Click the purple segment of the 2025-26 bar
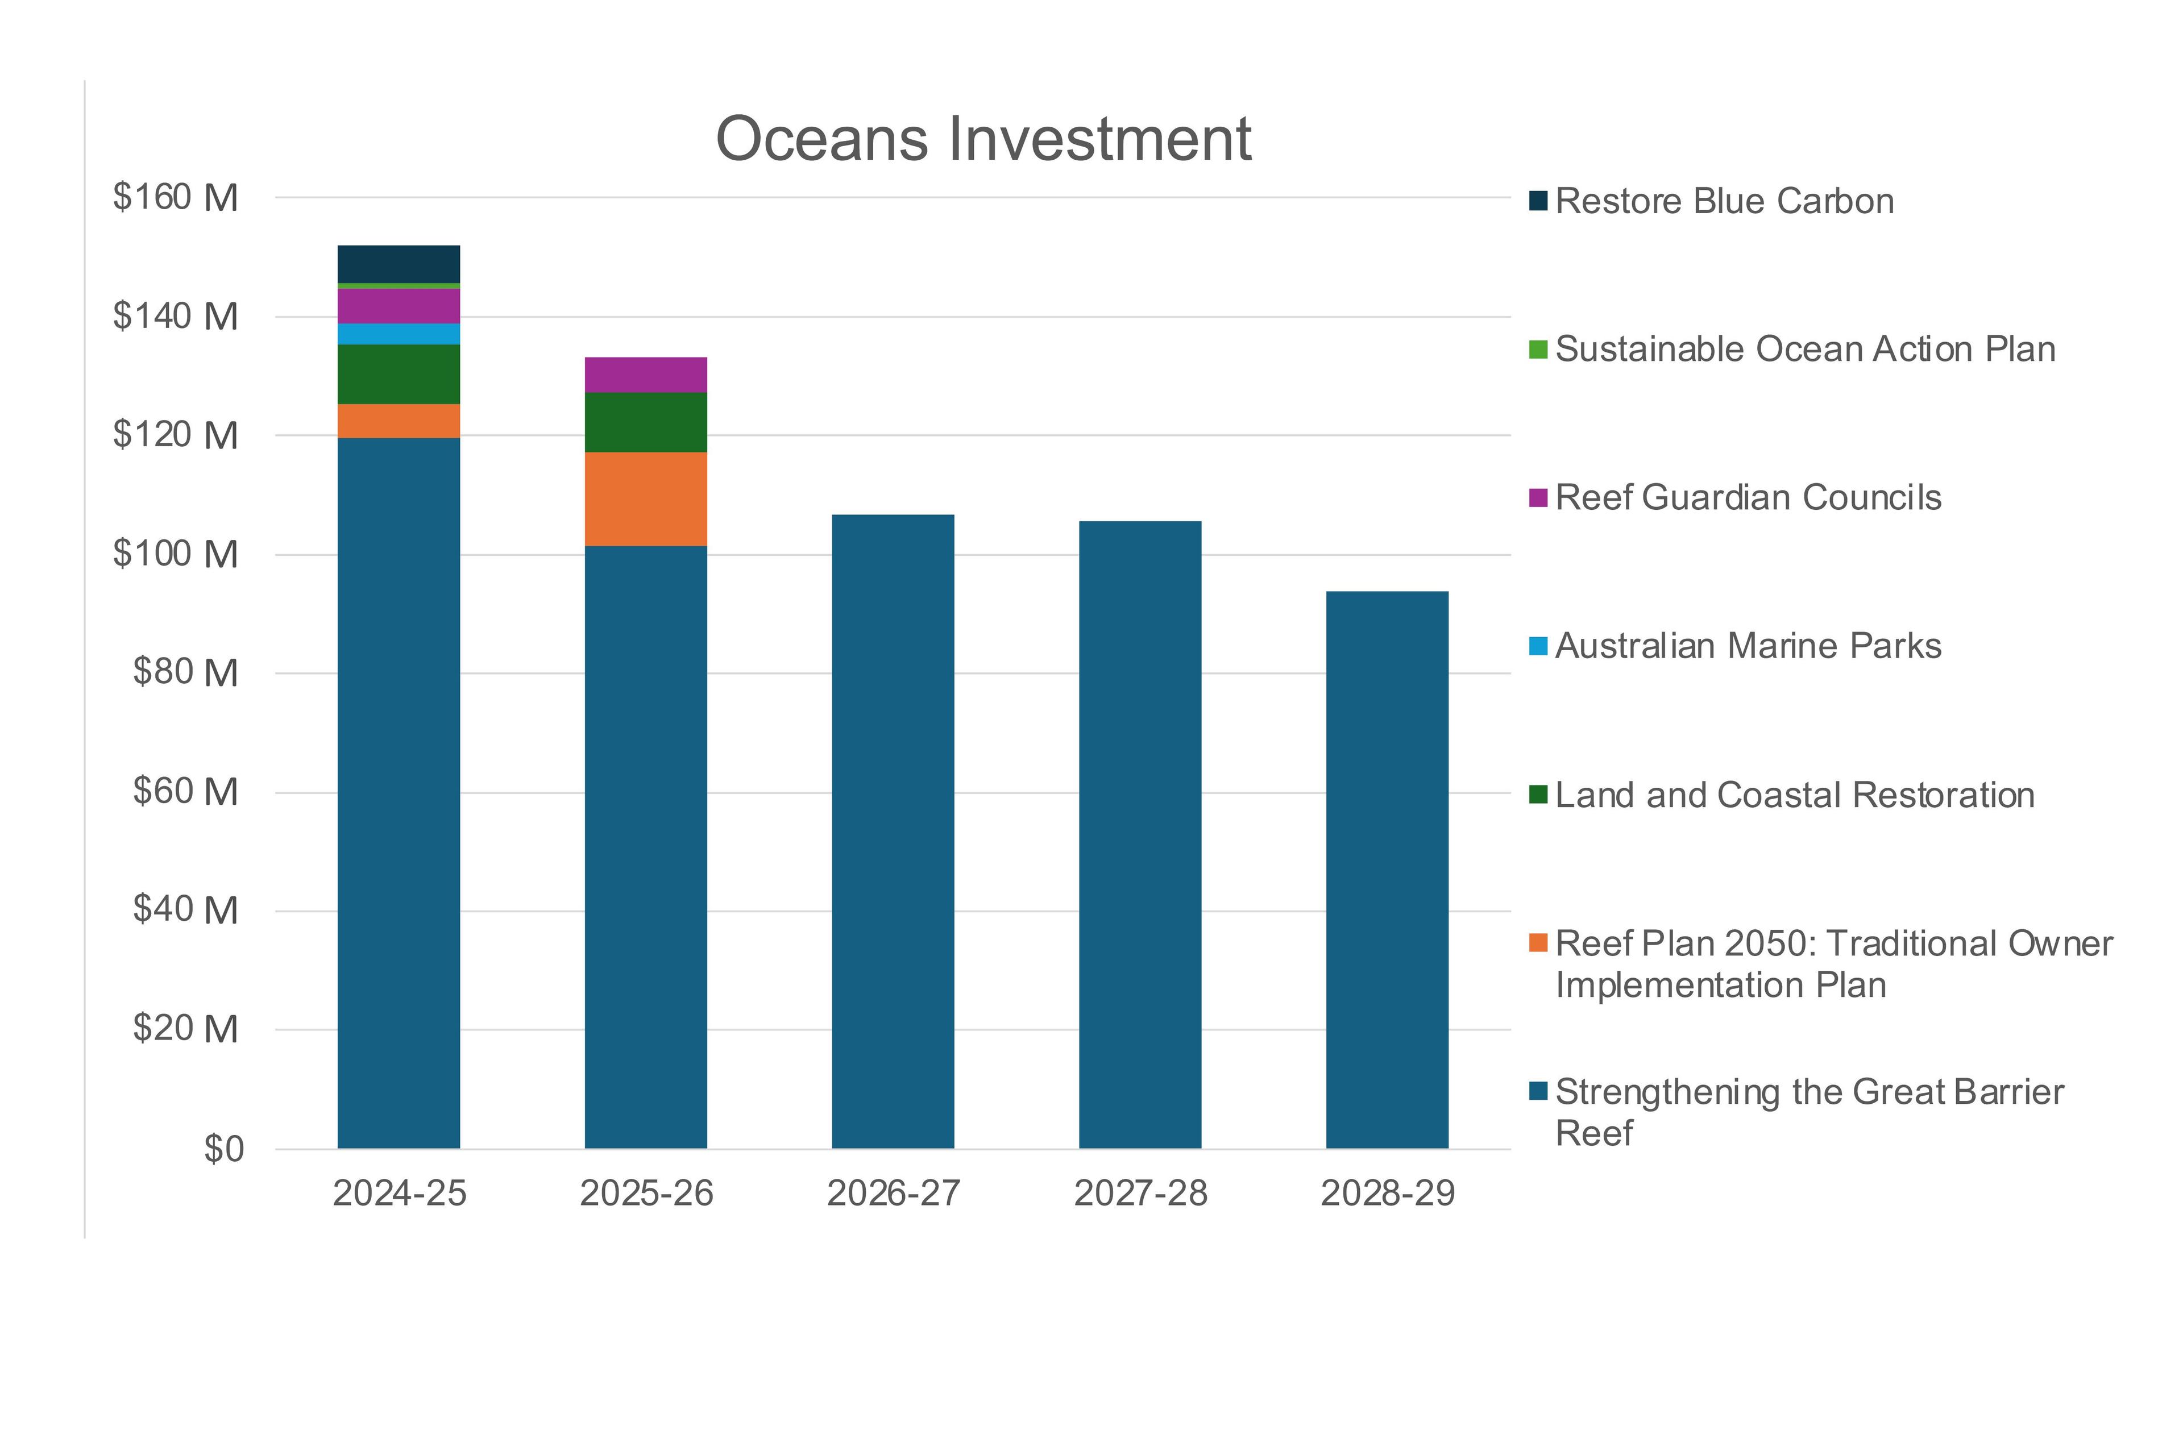pos(645,375)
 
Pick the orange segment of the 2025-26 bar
pos(645,499)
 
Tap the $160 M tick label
pos(176,198)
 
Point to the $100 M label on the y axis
pos(176,554)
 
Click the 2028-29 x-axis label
pos(1388,1194)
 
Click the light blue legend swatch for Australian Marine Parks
pos(1538,646)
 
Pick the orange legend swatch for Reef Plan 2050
pos(1538,943)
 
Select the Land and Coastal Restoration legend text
pos(1794,795)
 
